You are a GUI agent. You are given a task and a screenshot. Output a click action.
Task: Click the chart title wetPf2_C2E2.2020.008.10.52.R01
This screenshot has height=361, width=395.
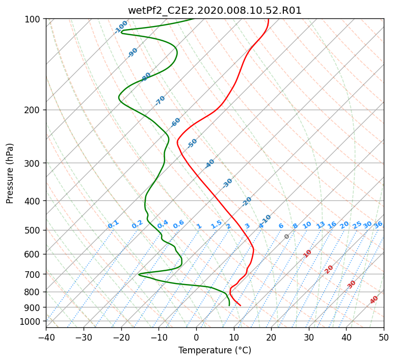pyautogui.click(x=215, y=11)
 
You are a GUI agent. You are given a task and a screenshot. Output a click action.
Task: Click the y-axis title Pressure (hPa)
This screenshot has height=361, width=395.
pyautogui.click(x=10, y=173)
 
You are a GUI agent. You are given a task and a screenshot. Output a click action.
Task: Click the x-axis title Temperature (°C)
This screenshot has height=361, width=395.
pyautogui.click(x=215, y=350)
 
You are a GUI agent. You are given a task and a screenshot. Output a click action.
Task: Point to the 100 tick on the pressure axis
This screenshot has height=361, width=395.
pyautogui.click(x=32, y=19)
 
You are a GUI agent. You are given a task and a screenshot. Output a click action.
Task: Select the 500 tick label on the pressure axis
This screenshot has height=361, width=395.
pyautogui.click(x=32, y=230)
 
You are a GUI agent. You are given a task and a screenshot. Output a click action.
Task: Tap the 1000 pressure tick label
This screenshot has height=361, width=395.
pyautogui.click(x=30, y=322)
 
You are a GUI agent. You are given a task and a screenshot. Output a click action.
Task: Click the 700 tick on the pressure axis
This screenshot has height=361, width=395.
pyautogui.click(x=32, y=274)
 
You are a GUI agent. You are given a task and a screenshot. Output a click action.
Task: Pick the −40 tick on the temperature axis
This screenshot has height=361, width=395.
pyautogui.click(x=46, y=337)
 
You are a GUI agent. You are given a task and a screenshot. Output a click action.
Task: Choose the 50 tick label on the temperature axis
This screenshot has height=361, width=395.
pyautogui.click(x=384, y=337)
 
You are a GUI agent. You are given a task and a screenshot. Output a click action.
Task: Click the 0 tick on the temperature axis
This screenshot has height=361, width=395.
pyautogui.click(x=197, y=337)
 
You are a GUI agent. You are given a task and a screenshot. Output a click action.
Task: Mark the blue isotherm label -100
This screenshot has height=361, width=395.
pyautogui.click(x=121, y=27)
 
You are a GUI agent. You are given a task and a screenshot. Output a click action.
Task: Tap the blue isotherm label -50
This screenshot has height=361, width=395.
pyautogui.click(x=192, y=143)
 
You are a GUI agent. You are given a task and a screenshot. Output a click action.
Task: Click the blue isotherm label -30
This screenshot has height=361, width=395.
pyautogui.click(x=227, y=183)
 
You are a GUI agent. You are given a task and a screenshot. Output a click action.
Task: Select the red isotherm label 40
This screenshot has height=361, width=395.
pyautogui.click(x=374, y=300)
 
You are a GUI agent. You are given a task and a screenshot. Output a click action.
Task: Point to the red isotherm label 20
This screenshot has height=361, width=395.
pyautogui.click(x=329, y=270)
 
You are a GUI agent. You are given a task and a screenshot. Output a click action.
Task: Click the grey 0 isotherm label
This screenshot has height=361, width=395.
pyautogui.click(x=286, y=237)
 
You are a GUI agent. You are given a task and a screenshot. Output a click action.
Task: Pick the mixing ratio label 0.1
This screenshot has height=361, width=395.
pyautogui.click(x=113, y=224)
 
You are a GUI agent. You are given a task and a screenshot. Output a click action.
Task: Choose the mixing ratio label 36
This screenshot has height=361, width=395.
pyautogui.click(x=378, y=225)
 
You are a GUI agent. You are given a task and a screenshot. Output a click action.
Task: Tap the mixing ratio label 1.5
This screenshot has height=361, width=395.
pyautogui.click(x=216, y=224)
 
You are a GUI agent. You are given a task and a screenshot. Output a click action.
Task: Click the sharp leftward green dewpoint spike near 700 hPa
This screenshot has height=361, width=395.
pyautogui.click(x=139, y=274)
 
